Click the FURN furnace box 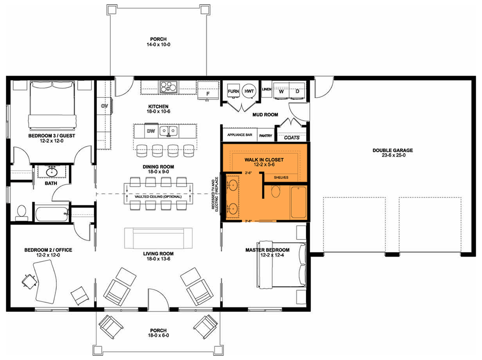(x=233, y=91)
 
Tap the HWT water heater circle (x=249, y=91)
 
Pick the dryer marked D (x=297, y=91)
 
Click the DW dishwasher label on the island (x=150, y=131)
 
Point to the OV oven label (x=105, y=106)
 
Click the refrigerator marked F (x=208, y=94)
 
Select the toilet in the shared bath (x=21, y=212)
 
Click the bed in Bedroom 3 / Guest (x=50, y=105)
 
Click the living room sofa (x=158, y=238)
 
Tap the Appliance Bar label (x=239, y=135)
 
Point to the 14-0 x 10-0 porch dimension (x=157, y=45)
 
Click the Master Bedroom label (x=267, y=250)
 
